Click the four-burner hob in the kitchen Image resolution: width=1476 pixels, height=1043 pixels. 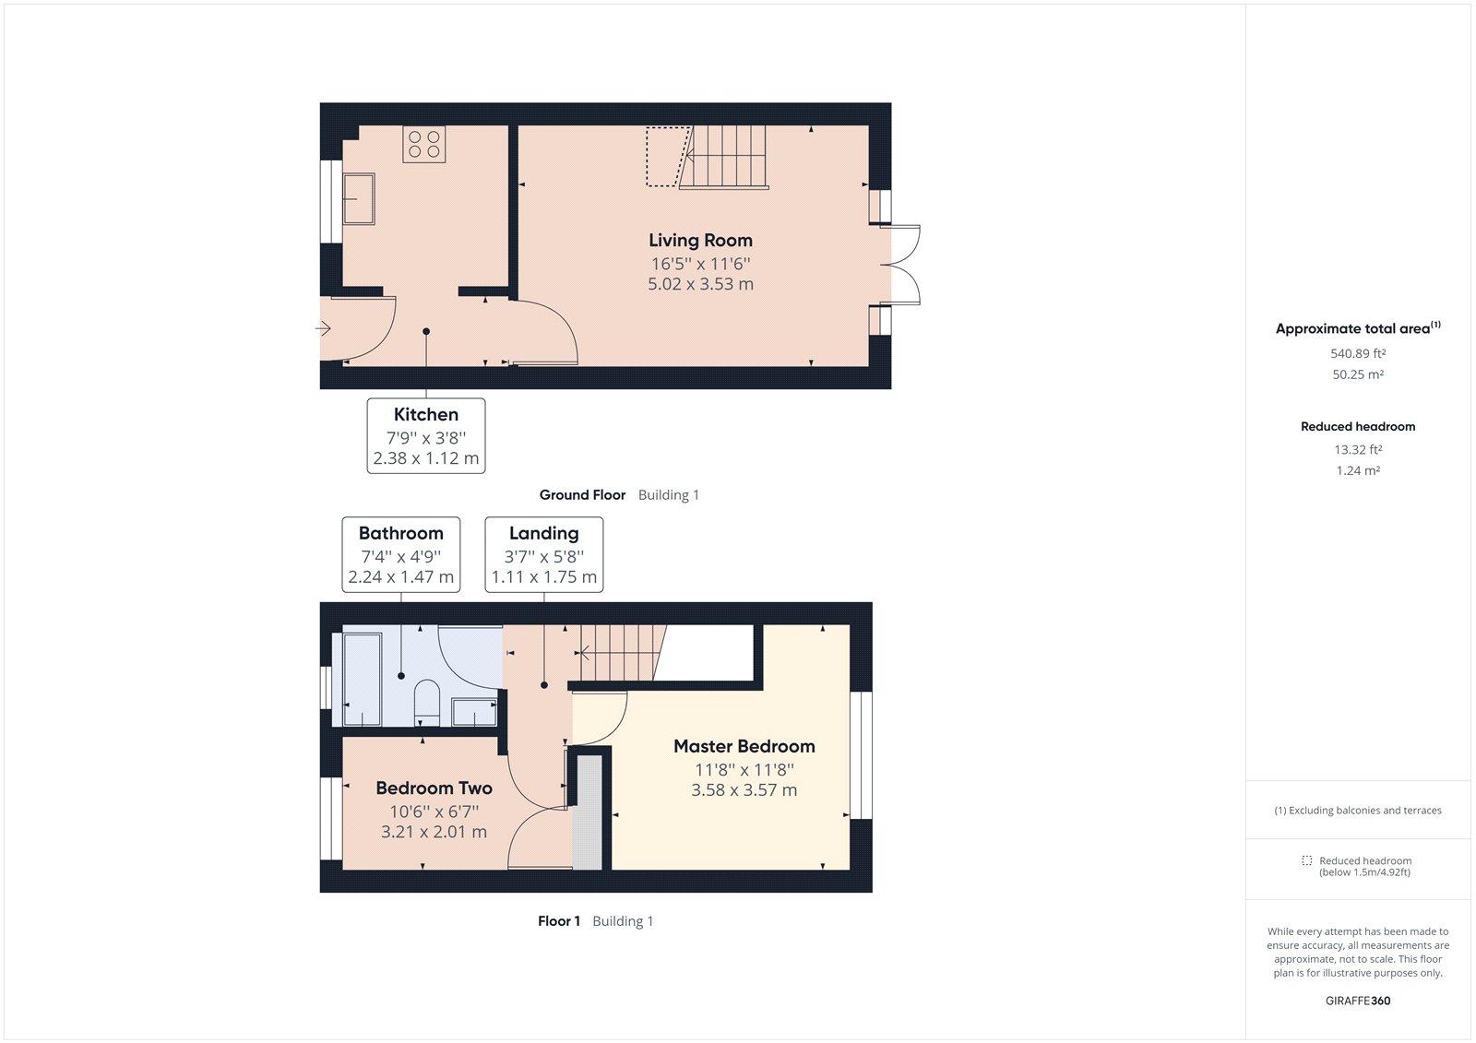pos(424,145)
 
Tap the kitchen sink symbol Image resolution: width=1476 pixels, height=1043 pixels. pos(359,198)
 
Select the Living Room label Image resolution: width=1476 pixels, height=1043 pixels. pos(700,241)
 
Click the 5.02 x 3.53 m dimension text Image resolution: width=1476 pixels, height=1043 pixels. pos(700,284)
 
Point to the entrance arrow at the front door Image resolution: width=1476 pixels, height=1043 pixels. pos(324,328)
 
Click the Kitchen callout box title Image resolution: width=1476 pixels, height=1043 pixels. pos(426,415)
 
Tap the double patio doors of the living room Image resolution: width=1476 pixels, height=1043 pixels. pos(904,265)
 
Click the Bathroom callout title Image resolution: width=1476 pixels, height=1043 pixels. pos(401,533)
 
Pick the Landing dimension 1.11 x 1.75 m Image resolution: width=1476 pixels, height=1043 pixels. pos(544,577)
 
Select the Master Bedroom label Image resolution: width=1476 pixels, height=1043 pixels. pos(744,746)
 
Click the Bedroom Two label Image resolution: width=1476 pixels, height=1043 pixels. pos(434,788)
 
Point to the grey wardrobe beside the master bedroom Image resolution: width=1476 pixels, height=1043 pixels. pos(588,812)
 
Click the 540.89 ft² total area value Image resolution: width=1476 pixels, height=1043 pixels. pos(1358,353)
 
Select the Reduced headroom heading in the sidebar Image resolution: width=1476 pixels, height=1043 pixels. pos(1358,426)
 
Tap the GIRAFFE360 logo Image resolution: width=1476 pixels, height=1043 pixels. pos(1358,1001)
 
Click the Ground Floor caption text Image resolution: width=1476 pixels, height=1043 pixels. pos(582,495)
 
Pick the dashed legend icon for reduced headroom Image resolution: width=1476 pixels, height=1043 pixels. pos(1306,860)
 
